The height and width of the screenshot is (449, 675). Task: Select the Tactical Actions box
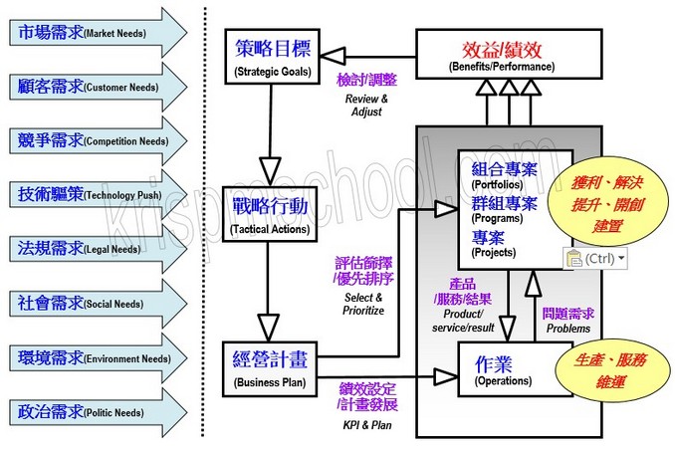(271, 215)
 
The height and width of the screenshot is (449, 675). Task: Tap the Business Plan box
(271, 367)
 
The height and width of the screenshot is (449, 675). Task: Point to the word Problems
(567, 328)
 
